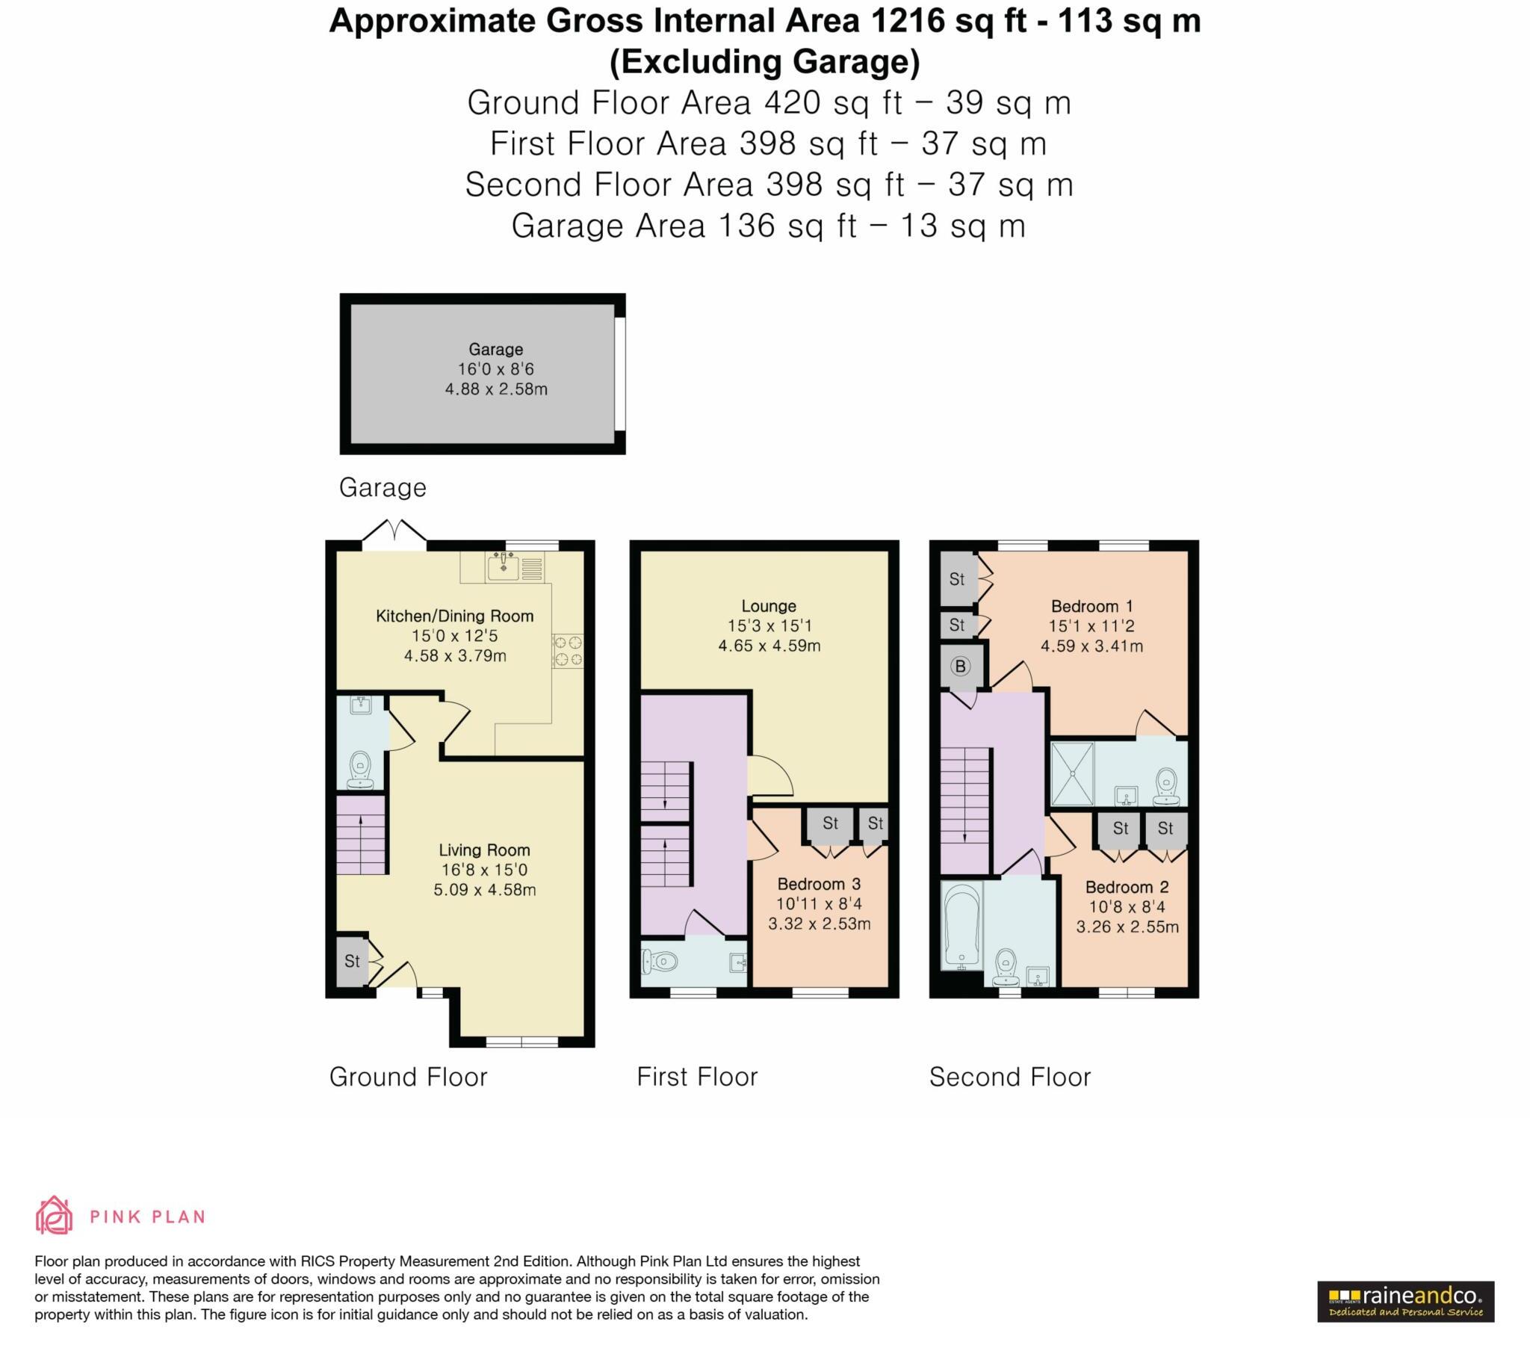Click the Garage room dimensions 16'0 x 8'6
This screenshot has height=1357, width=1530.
(x=495, y=369)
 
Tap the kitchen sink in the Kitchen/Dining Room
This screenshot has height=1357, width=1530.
(x=503, y=567)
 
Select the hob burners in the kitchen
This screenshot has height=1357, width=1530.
(x=568, y=650)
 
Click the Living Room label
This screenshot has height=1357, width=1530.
(x=483, y=850)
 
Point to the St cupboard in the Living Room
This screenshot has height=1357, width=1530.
(x=352, y=961)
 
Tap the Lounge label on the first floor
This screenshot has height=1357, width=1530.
(x=769, y=606)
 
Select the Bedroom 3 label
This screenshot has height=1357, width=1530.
(x=818, y=884)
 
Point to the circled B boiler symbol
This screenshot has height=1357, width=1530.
(x=960, y=667)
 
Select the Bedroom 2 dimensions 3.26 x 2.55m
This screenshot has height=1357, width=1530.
(x=1127, y=927)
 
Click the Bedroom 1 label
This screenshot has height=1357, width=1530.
(x=1091, y=606)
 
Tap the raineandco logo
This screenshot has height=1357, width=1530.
(x=1405, y=1301)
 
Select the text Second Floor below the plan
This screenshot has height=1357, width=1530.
(x=1009, y=1077)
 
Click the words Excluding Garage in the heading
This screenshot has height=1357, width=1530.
(x=764, y=61)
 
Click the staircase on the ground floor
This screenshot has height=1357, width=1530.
(x=361, y=835)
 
